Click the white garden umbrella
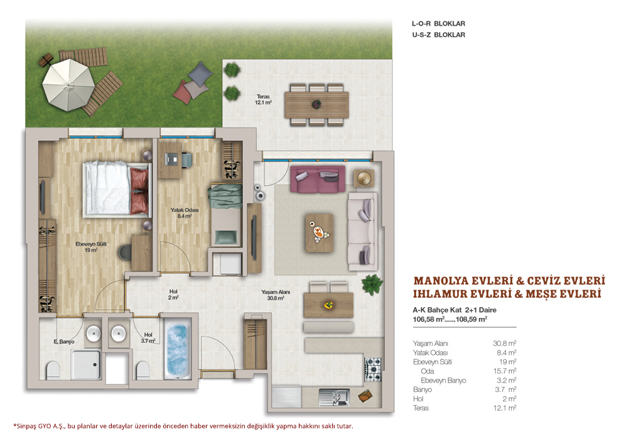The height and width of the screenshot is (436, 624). pos(68,85)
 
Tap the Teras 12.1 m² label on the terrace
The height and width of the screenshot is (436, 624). pos(263,99)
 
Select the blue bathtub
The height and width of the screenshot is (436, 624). pos(178,351)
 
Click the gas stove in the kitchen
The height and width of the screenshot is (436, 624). pos(374,369)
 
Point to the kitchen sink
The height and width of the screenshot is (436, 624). pos(334,397)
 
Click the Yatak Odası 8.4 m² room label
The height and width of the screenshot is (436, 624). pos(185,213)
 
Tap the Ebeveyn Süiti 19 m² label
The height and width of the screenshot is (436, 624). pos(91,247)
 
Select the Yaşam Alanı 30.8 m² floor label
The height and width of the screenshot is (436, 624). pos(276,295)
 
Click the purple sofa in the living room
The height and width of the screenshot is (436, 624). pos(318,179)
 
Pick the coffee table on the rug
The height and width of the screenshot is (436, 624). pos(319,232)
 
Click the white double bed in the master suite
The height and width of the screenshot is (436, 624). pos(117,189)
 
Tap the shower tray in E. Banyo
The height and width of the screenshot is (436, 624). pos(86,364)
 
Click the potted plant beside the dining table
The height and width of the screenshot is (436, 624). pos(372,285)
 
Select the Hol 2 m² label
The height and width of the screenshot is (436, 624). pos(173,294)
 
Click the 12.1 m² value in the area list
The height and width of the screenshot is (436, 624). pos(505,408)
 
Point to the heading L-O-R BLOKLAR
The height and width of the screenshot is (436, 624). pos(438,23)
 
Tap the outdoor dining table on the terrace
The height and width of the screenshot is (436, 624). pos(316,105)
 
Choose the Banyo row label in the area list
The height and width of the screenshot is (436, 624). pos(422,390)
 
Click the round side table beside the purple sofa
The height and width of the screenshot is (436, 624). pos(363,178)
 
